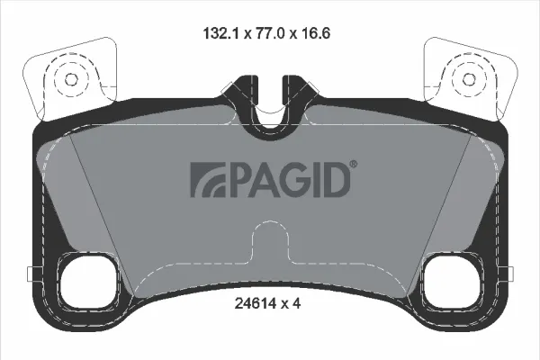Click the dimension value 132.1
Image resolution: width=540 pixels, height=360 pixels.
coord(221,33)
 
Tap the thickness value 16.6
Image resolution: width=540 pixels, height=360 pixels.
coord(314,33)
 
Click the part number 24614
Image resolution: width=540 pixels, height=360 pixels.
coord(256,303)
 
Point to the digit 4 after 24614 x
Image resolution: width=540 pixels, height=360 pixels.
coord(297,303)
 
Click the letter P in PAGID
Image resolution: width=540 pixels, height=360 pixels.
coord(238,180)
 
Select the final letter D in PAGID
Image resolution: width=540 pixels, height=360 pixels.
coord(334,180)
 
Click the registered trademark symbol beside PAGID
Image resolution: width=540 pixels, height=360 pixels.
coord(354,165)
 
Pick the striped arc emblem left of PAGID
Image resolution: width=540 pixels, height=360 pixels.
coord(208,180)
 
